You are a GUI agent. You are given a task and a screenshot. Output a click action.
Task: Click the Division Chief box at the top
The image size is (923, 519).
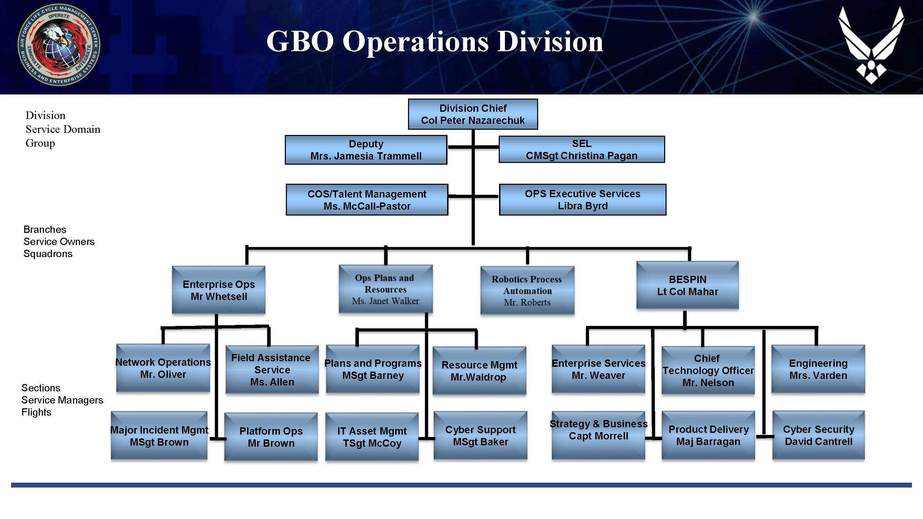point(473,114)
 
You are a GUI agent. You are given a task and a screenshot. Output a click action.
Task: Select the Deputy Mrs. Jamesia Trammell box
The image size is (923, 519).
point(366,150)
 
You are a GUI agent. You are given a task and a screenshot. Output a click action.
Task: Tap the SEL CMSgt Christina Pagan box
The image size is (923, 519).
point(581,149)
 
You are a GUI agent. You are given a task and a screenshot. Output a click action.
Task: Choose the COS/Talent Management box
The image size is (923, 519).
point(367,200)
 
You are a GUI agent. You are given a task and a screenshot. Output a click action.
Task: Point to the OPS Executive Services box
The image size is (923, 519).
point(582,200)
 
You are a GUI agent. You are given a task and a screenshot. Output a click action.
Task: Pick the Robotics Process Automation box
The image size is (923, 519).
point(527,290)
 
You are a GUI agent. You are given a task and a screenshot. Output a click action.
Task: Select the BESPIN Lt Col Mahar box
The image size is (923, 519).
point(687,285)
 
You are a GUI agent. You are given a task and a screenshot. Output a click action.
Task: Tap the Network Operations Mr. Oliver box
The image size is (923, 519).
point(163,368)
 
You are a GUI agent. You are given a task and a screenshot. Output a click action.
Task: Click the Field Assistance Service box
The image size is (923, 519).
point(272,369)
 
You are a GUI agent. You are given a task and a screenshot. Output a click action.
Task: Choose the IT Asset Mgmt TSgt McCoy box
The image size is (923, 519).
point(372,437)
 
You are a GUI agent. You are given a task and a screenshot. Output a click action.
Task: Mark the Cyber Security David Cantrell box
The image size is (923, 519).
point(818,435)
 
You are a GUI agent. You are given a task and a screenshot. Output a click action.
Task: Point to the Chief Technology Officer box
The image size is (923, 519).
point(708,370)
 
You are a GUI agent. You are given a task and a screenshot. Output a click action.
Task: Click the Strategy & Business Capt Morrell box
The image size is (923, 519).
point(598,435)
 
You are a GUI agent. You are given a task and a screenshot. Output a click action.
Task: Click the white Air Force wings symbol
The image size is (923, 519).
point(871,45)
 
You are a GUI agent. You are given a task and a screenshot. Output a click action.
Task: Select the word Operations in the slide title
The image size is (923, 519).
point(416,42)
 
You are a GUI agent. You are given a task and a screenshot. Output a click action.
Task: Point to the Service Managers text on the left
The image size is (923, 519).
point(62,400)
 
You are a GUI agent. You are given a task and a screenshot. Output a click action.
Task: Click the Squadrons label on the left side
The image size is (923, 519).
point(48,254)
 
